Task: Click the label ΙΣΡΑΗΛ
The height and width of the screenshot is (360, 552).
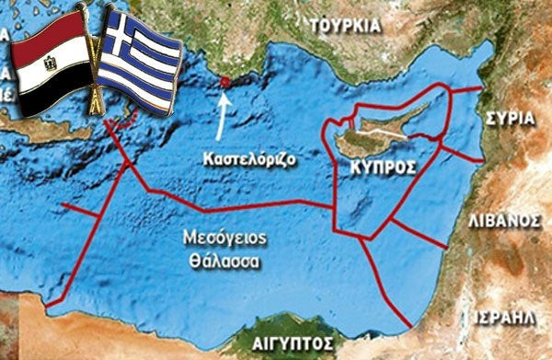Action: click(519, 316)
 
